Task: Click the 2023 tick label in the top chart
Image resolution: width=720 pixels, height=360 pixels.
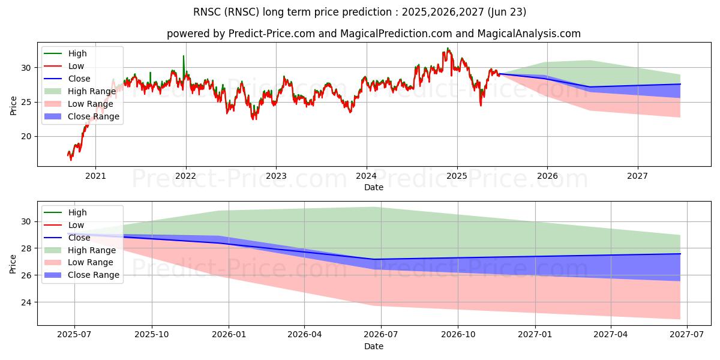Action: pos(276,176)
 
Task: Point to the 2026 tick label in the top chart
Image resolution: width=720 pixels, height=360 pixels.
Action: pos(547,176)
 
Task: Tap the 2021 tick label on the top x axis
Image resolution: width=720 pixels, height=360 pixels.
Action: pos(95,176)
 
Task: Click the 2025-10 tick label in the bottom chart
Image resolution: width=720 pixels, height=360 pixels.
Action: pos(152,335)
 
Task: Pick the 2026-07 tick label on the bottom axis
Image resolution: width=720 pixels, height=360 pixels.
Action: pos(381,335)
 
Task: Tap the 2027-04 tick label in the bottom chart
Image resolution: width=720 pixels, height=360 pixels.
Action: pos(611,335)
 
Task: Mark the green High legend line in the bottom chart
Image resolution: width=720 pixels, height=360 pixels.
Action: pos(53,212)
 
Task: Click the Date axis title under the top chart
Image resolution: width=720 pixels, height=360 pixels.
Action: pos(374,187)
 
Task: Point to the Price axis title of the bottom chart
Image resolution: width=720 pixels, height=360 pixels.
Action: pos(13,264)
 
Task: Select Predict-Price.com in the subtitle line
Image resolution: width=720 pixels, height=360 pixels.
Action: pos(272,34)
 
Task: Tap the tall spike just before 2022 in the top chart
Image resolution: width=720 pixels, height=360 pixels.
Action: pos(184,56)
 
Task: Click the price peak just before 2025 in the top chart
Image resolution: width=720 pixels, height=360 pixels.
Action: pos(448,49)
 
